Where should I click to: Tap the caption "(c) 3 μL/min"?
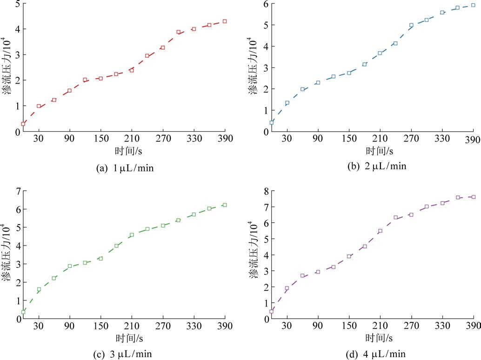(123, 354)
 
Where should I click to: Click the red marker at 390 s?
(225, 21)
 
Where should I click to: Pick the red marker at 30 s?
(39, 106)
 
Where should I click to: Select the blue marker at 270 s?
(411, 25)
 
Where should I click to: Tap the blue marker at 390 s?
(473, 6)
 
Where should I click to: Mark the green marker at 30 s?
(39, 289)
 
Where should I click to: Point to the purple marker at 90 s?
(318, 272)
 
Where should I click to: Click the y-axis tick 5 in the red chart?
(17, 5)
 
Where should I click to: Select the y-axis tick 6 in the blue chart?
(265, 4)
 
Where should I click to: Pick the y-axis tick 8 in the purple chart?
(265, 191)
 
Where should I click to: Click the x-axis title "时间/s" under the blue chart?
(379, 151)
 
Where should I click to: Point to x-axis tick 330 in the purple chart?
(442, 327)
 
